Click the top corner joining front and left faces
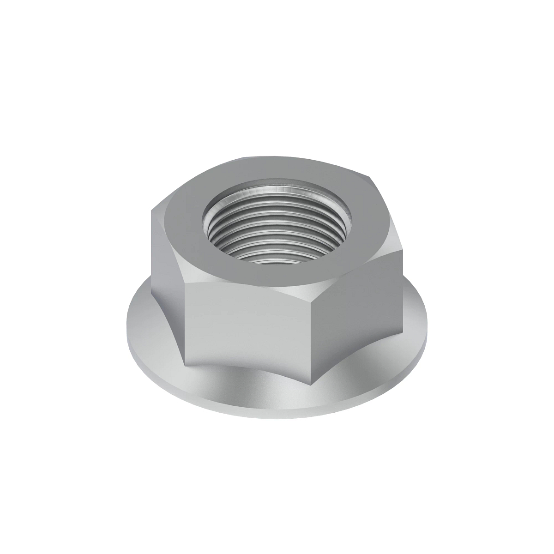tap(184, 283)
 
